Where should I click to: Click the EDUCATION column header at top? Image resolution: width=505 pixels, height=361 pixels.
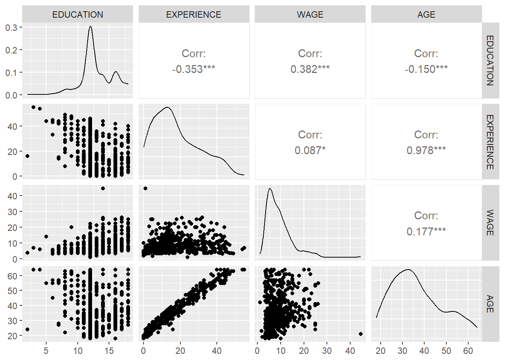click(x=77, y=15)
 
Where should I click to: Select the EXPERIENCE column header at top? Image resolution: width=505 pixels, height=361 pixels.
click(x=194, y=15)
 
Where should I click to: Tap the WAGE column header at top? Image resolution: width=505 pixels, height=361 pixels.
click(x=310, y=15)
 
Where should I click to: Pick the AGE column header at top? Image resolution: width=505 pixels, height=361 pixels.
click(x=426, y=15)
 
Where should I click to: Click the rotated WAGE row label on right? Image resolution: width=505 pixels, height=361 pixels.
click(x=490, y=223)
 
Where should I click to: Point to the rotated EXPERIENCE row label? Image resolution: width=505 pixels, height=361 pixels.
click(x=490, y=142)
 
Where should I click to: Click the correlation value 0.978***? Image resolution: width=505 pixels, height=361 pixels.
click(x=426, y=150)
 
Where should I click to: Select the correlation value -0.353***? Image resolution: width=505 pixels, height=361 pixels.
click(x=194, y=69)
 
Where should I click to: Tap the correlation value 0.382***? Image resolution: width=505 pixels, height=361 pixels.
click(x=310, y=69)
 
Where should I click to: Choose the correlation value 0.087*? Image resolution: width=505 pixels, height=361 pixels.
click(x=310, y=150)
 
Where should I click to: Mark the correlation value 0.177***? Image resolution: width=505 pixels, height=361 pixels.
click(x=426, y=231)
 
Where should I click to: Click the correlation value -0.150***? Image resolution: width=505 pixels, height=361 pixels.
click(x=426, y=69)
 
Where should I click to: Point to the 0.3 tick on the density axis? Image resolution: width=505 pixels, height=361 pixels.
click(x=11, y=27)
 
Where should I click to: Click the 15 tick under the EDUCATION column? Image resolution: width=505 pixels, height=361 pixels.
click(x=109, y=351)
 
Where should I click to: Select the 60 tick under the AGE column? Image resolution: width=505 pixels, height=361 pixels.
click(x=468, y=351)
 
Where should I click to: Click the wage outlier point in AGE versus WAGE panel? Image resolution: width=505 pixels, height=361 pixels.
click(x=361, y=334)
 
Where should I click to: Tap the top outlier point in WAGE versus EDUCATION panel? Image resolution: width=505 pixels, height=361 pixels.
click(x=103, y=188)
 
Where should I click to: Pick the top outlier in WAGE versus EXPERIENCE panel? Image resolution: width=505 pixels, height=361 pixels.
click(x=145, y=188)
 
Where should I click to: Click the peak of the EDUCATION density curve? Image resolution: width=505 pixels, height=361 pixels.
click(x=90, y=26)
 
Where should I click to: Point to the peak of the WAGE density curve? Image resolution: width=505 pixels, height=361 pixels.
click(x=270, y=189)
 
